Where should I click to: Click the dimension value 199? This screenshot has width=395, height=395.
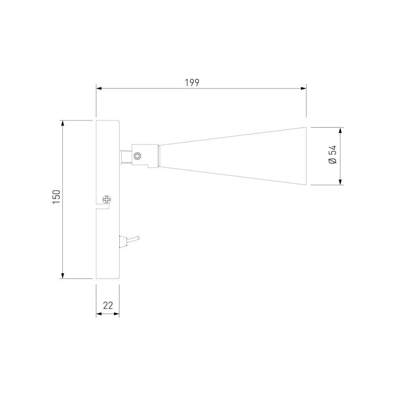192,83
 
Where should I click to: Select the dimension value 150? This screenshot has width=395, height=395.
56,196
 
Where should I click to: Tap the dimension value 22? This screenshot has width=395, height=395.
108,305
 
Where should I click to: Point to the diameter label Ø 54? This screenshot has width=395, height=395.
333,155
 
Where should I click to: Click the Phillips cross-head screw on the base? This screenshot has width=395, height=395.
107,199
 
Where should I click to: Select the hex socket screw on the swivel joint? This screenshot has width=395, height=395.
137,156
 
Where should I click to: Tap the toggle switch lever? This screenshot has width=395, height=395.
132,239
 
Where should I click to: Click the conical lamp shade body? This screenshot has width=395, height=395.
237,156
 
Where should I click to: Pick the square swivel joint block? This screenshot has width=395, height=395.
145,155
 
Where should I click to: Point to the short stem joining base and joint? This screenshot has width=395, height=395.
126,157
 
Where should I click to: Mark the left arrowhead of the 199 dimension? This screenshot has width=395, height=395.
99,88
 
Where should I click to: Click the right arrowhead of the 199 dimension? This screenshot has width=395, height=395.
303,88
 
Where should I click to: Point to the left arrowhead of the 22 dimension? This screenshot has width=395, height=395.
99,314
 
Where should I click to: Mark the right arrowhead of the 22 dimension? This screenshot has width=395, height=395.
117,314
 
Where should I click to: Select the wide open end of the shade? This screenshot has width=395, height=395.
307,156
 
